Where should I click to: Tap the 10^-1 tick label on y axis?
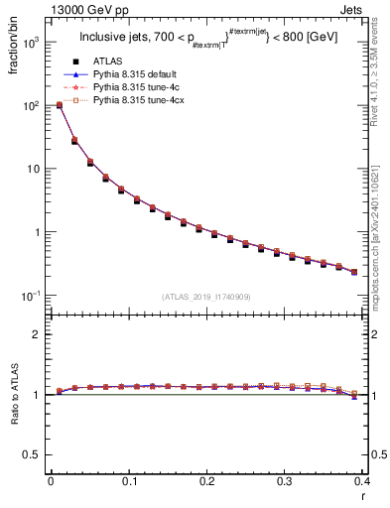[31, 296]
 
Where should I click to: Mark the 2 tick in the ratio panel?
[38, 334]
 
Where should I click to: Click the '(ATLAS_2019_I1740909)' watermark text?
[206, 297]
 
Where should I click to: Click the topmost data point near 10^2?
[60, 104]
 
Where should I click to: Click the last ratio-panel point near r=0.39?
[354, 395]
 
